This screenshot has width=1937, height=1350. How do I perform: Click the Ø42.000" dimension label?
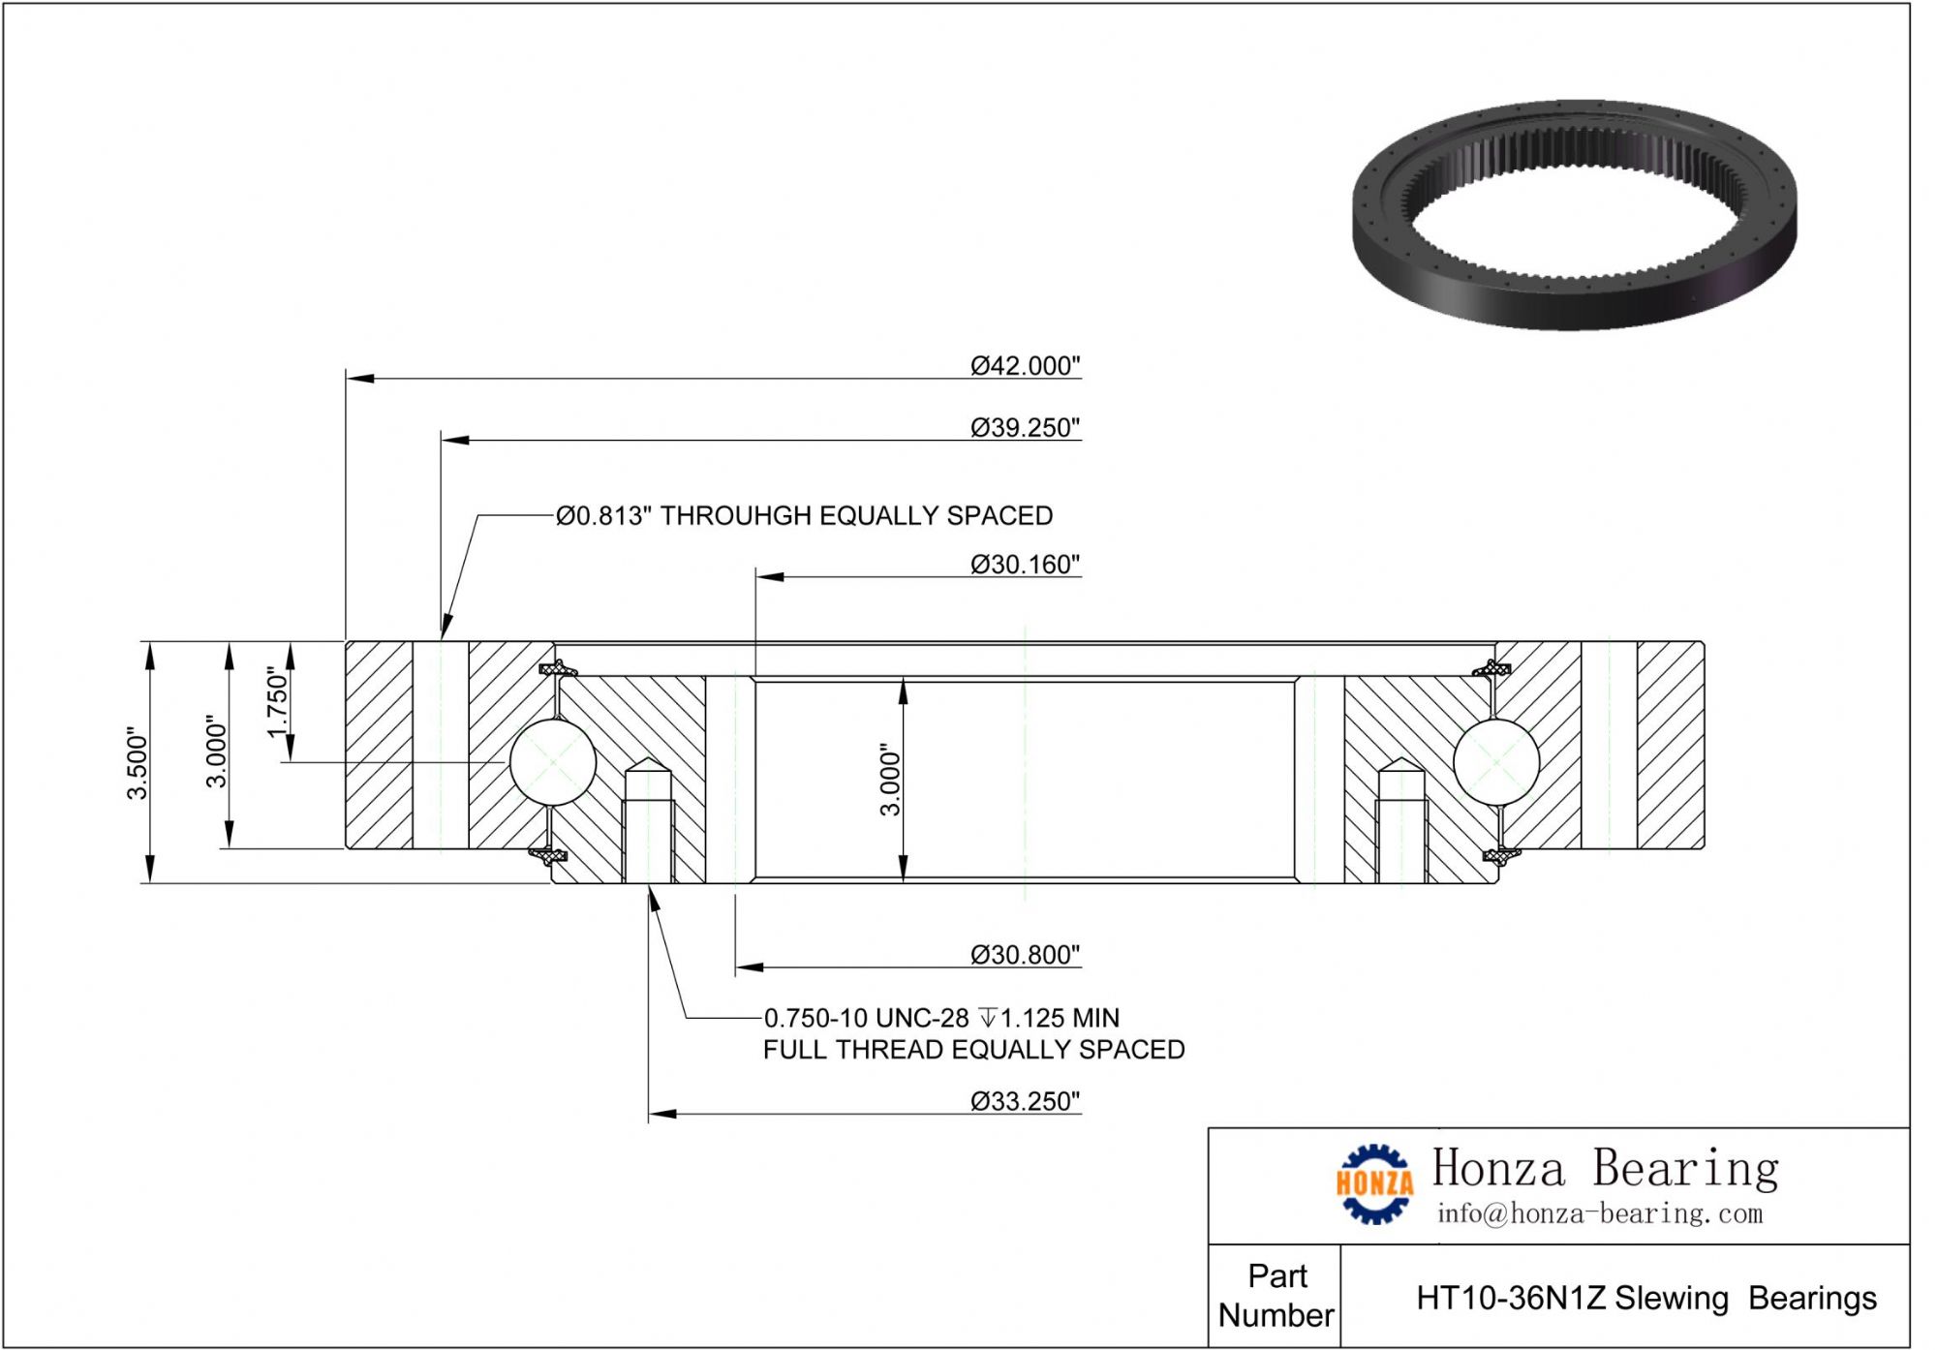[x=1025, y=366]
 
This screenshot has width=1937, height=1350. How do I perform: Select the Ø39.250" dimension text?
[x=1025, y=428]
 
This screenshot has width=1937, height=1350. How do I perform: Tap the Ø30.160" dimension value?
[x=1025, y=565]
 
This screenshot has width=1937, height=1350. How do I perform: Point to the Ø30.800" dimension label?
[x=1025, y=955]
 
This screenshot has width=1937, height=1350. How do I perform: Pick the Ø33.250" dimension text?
[x=1025, y=1101]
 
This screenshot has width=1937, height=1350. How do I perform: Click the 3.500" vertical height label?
[x=138, y=763]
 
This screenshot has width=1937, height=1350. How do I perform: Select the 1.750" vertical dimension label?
[x=278, y=701]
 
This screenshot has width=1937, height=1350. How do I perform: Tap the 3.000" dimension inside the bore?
[x=890, y=780]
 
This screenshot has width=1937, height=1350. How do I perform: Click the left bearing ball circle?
[x=552, y=762]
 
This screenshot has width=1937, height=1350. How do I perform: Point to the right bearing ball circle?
[x=1495, y=762]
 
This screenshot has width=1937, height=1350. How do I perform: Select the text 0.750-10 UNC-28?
[x=866, y=1018]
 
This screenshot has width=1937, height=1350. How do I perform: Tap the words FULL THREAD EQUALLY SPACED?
[x=973, y=1050]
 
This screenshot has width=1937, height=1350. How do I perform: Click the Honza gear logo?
[x=1373, y=1183]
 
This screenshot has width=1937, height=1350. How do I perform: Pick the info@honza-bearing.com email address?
[x=1599, y=1213]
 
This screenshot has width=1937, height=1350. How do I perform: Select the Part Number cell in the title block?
[x=1276, y=1295]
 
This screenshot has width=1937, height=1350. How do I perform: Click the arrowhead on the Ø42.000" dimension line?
[x=359, y=378]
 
